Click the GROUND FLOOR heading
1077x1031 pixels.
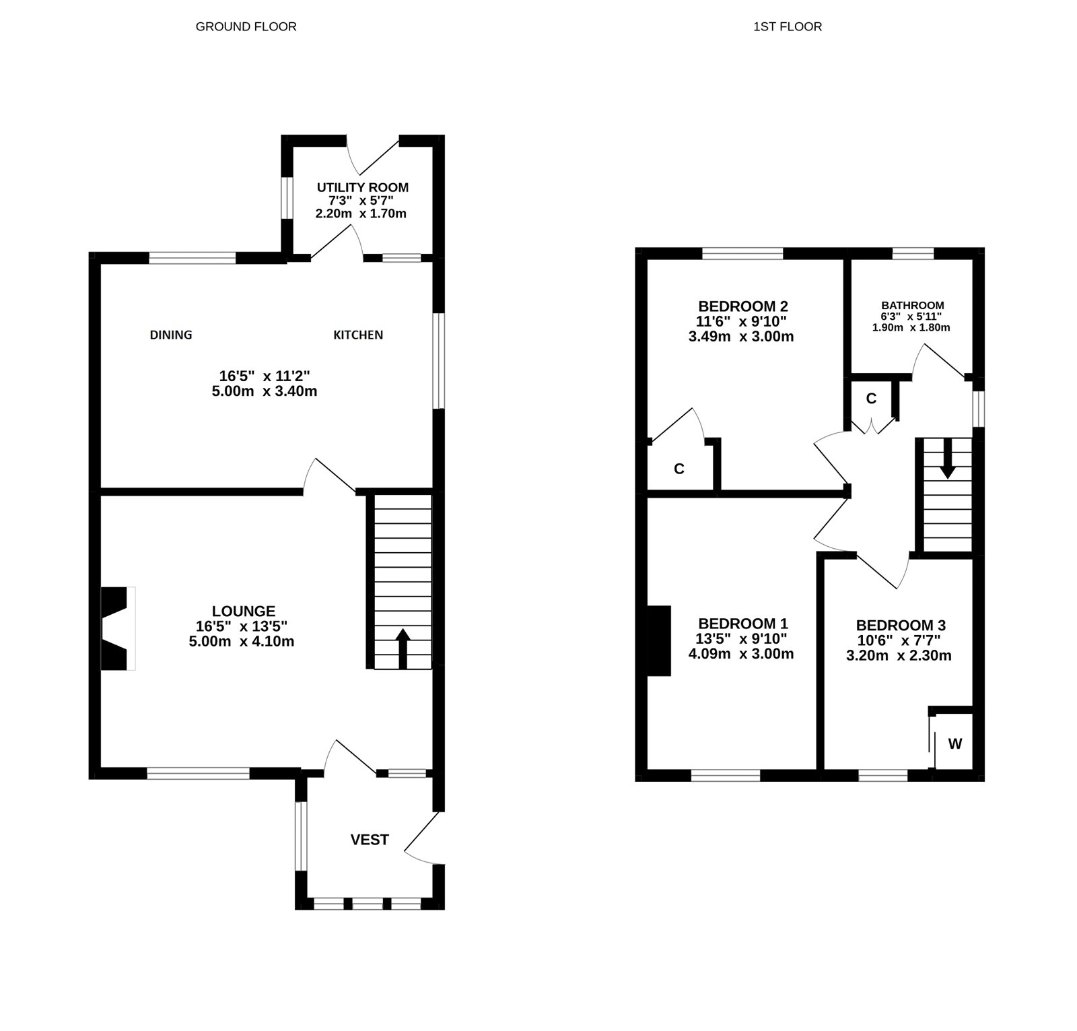(x=246, y=27)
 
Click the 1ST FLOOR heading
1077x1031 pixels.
(x=788, y=27)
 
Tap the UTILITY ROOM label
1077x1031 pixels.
(x=363, y=187)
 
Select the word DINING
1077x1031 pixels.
(x=171, y=335)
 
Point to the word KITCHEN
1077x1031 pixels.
(x=358, y=335)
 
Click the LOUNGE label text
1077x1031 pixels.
(x=244, y=611)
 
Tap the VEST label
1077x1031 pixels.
(x=370, y=839)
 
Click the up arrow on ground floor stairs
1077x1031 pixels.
(x=403, y=647)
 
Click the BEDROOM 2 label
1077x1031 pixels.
(x=743, y=306)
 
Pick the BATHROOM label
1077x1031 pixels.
(x=913, y=305)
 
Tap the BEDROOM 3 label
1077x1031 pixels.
(x=901, y=626)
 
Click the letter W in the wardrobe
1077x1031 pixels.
(x=955, y=744)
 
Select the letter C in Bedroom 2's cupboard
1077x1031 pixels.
(x=679, y=469)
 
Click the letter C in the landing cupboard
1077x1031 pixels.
(x=871, y=399)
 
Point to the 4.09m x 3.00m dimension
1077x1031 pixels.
(x=741, y=654)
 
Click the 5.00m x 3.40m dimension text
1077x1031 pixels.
(x=265, y=391)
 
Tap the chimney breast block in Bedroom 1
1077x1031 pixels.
(x=660, y=640)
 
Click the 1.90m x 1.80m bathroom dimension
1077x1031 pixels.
(x=911, y=328)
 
